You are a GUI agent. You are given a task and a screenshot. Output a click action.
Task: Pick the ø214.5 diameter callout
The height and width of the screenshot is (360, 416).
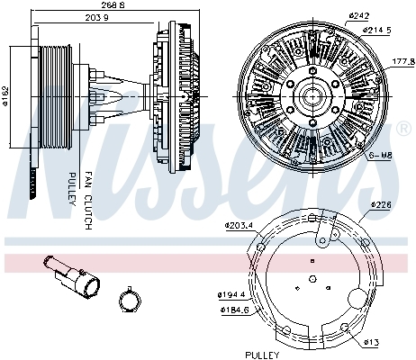376,30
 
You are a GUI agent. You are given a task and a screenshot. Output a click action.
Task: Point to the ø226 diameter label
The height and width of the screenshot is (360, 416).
381,205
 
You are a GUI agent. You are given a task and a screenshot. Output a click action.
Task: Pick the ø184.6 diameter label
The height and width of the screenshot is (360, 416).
233,310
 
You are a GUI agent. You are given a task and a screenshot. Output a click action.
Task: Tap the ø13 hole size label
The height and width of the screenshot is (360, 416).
372,342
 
